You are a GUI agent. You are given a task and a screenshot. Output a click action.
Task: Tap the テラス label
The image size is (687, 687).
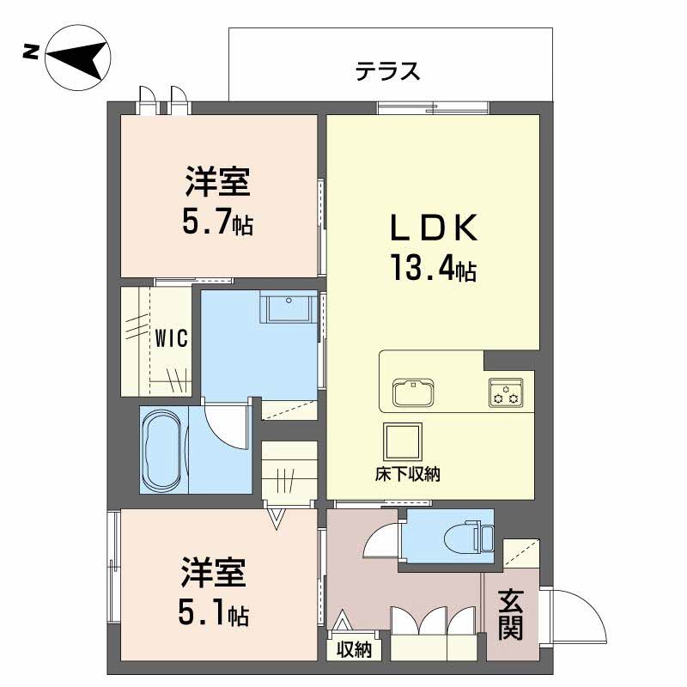pos(388,71)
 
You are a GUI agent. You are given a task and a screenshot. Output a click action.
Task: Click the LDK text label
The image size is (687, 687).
pos(434,228)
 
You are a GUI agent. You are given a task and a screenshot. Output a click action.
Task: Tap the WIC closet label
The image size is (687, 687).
pos(171,338)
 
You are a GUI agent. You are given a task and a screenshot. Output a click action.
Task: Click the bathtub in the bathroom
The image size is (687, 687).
pos(162,450)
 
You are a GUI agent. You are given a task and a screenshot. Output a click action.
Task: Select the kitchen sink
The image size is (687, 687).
pos(413,392)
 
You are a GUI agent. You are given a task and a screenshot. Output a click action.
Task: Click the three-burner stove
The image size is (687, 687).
pos(506,393)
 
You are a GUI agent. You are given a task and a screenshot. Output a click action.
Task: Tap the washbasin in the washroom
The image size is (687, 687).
pos(289,307)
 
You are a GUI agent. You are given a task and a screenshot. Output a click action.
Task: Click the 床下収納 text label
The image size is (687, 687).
pos(407,474)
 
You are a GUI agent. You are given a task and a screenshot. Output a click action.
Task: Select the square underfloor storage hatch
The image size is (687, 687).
pos(402,441)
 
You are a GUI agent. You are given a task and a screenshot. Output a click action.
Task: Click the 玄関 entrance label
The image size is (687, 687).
pos(511,614)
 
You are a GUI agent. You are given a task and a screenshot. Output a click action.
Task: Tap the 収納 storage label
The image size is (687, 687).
pos(354,649)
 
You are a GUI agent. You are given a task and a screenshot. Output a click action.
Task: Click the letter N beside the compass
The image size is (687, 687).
pos(30,53)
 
